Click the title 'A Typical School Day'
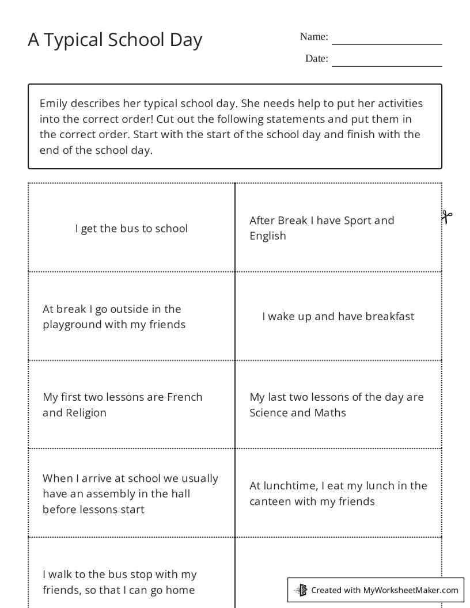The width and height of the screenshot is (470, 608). point(115,40)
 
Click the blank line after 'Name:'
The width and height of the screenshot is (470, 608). point(386,43)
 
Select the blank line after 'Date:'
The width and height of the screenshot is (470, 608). point(386,65)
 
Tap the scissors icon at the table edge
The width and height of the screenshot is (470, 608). point(446,217)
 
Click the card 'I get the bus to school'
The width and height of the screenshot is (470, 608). point(131,229)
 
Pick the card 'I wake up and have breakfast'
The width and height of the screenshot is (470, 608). point(338,316)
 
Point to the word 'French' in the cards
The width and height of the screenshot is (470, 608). point(184,397)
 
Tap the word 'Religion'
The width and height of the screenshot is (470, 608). point(86,413)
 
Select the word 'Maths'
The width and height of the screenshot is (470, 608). point(330,413)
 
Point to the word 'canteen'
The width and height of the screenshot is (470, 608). point(270,501)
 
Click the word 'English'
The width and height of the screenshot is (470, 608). point(268,236)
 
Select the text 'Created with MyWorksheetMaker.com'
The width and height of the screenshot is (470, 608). point(385,590)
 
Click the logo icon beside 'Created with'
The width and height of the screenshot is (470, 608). point(301,590)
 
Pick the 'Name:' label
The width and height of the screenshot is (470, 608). point(314,37)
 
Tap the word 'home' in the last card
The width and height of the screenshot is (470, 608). point(180,590)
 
